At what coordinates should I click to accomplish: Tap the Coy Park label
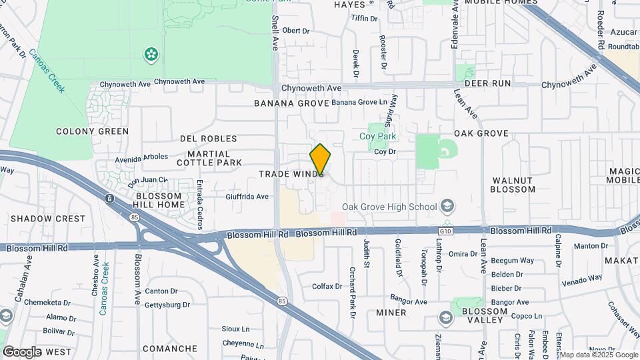pyautogui.click(x=378, y=137)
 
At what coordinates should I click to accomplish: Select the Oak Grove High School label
pyautogui.click(x=389, y=207)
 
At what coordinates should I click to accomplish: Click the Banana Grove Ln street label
pyautogui.click(x=359, y=103)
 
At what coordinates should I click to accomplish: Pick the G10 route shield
pyautogui.click(x=445, y=231)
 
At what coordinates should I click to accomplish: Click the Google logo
pyautogui.click(x=22, y=351)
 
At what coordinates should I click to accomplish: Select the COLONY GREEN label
pyautogui.click(x=92, y=131)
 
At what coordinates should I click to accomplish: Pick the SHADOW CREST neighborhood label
pyautogui.click(x=48, y=219)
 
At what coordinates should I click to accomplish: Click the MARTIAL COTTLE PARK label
pyautogui.click(x=209, y=157)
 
